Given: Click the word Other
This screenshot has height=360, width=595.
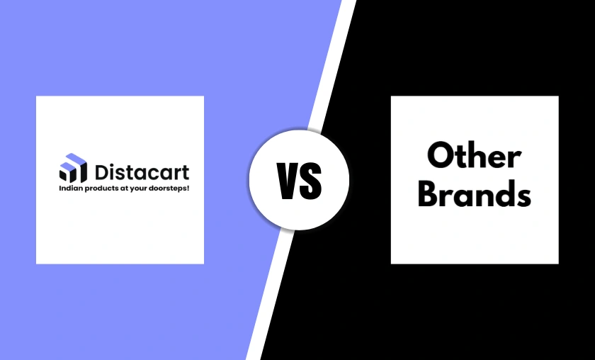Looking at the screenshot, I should pyautogui.click(x=474, y=156).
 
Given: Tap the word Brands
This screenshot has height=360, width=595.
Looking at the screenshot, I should pyautogui.click(x=474, y=194).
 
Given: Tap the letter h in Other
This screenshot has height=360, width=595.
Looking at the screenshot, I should pyautogui.click(x=476, y=154).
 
